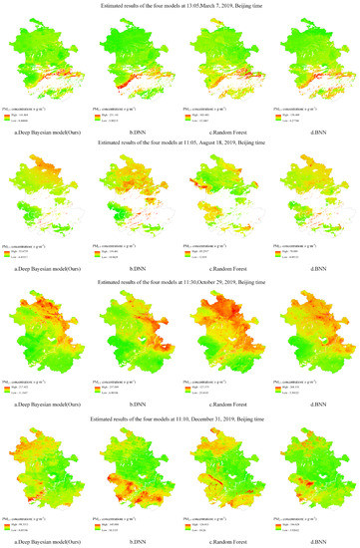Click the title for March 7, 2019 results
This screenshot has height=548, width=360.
coord(180,6)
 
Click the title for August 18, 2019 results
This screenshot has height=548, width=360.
coord(180,142)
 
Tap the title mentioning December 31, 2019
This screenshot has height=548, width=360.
coord(180,415)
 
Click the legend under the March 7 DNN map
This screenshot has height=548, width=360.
coord(124,116)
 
